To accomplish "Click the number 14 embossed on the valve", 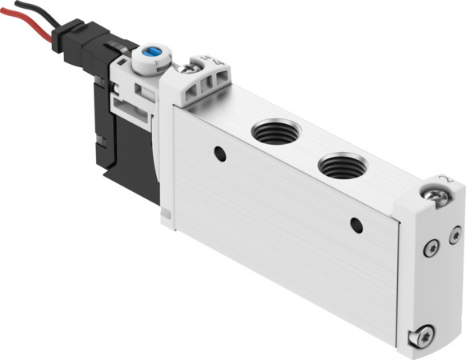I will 202,61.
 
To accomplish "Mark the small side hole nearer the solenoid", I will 219,154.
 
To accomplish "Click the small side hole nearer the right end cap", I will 356,225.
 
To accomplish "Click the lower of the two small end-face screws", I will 432,249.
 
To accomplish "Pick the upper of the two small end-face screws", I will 455,234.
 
